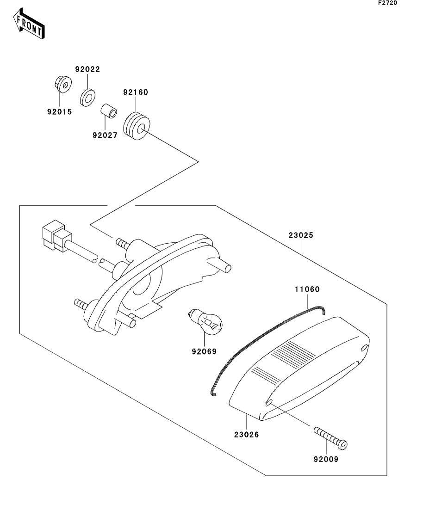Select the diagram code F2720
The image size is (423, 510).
(387, 3)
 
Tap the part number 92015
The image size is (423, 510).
(59, 111)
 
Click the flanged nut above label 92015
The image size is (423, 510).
(60, 85)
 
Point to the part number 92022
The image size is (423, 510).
(87, 69)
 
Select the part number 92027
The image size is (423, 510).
(105, 135)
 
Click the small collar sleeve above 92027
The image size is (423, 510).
(108, 111)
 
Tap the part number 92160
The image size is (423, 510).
(135, 92)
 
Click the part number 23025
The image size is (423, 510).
(301, 235)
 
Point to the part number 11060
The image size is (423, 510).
(307, 289)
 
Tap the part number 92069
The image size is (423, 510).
(204, 351)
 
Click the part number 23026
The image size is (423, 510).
(246, 434)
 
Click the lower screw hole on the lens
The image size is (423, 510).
(269, 403)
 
